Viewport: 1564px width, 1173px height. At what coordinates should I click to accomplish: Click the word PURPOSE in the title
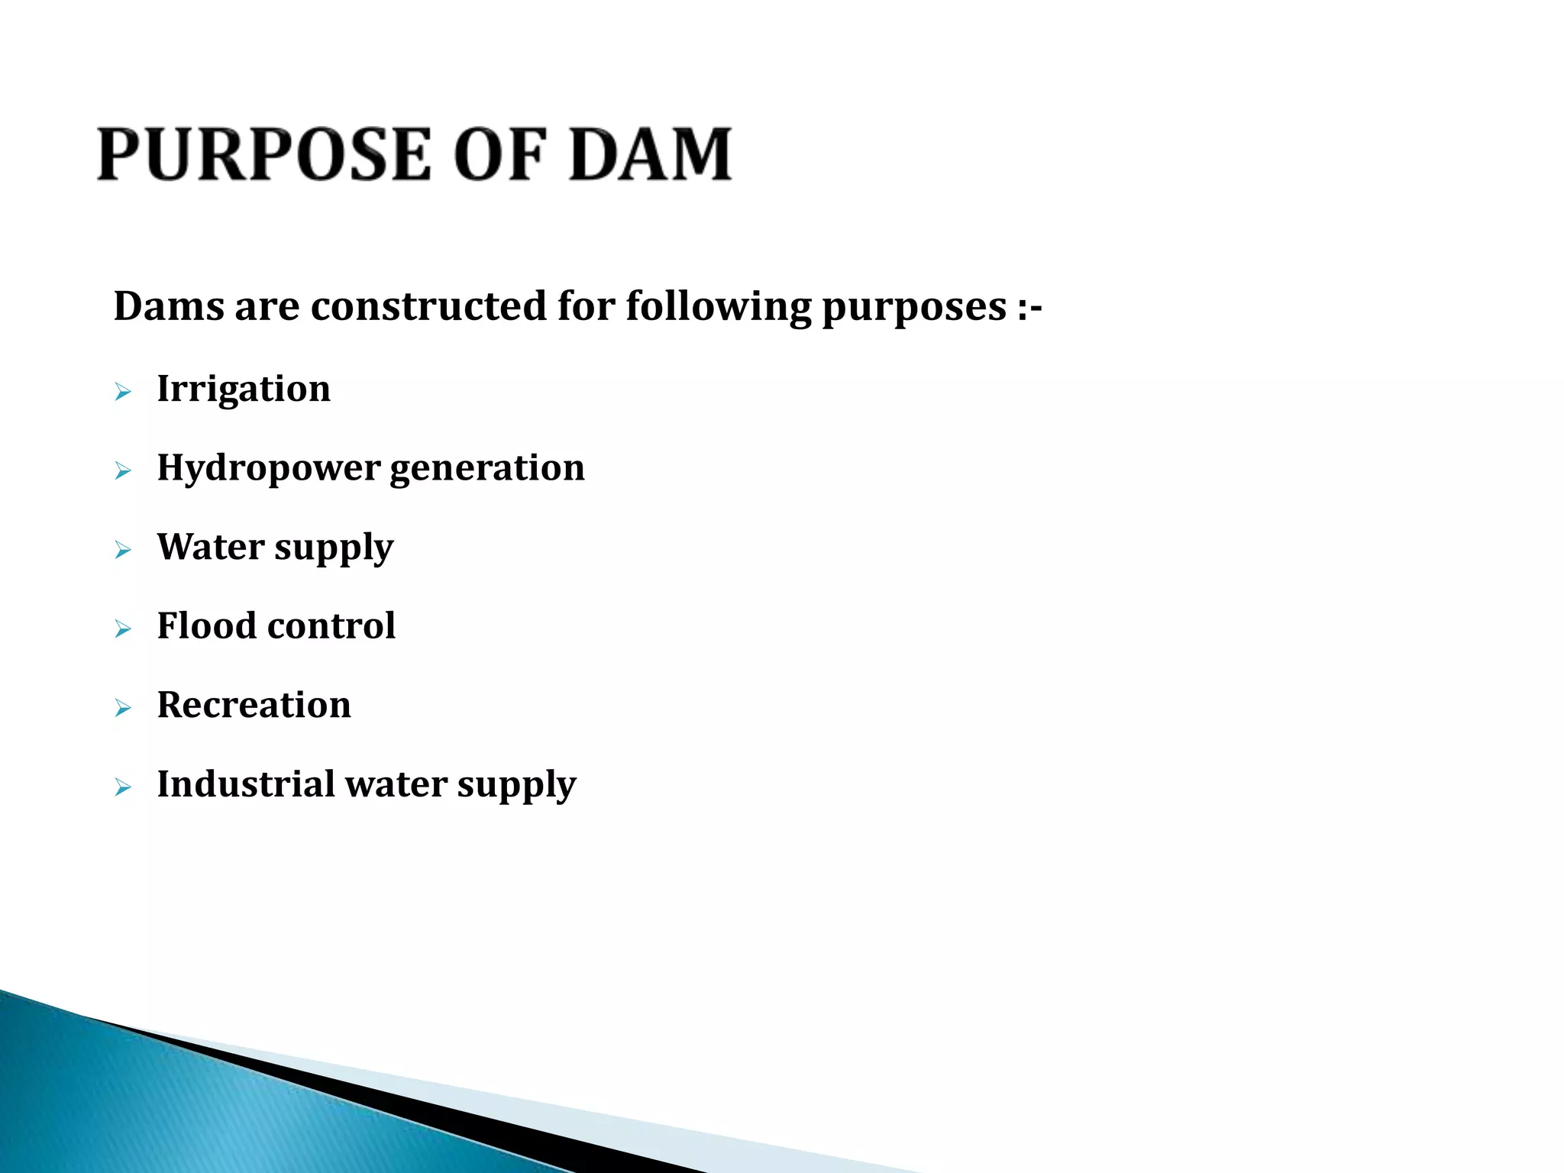tap(264, 155)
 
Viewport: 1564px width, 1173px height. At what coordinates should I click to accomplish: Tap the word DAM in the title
tap(651, 155)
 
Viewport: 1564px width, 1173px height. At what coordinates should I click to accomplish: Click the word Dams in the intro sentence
tap(169, 306)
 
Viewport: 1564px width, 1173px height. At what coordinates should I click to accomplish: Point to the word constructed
tap(428, 306)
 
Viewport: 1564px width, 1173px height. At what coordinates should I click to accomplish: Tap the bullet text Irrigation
tap(244, 389)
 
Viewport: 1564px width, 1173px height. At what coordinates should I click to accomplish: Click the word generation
tap(487, 468)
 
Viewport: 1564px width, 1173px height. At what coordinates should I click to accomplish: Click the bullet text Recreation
tap(254, 705)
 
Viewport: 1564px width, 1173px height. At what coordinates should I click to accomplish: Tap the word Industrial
tap(246, 784)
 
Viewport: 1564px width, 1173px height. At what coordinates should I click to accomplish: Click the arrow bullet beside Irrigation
tap(123, 393)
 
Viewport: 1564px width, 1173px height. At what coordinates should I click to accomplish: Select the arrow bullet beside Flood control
tap(123, 629)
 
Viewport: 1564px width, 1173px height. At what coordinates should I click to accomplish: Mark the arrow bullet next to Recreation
tap(123, 709)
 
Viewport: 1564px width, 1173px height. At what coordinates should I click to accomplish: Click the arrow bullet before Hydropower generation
tap(123, 471)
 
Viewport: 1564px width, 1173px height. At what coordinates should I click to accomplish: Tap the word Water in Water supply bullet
tap(211, 547)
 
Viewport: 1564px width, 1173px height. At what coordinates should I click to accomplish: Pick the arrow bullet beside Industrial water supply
tap(123, 787)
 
